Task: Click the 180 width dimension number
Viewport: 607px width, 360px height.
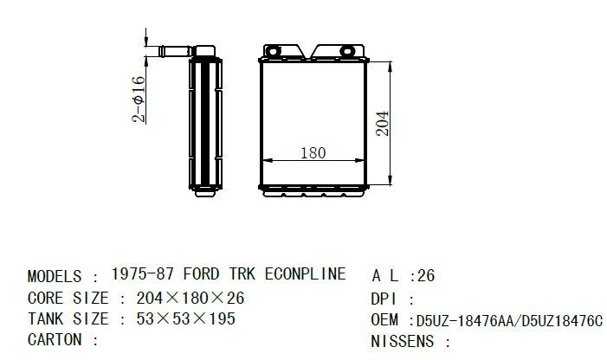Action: point(313,152)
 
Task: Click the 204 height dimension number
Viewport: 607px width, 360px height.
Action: point(383,124)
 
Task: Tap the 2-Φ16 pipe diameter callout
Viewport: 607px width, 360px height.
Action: point(139,100)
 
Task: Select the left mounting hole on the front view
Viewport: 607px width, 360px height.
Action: point(273,51)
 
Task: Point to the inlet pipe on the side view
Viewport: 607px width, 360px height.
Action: point(175,51)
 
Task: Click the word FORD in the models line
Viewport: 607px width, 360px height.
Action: point(201,273)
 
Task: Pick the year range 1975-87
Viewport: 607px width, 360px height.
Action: point(143,273)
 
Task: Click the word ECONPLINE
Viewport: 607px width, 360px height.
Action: point(305,273)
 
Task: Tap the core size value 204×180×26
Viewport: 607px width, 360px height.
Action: point(190,298)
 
